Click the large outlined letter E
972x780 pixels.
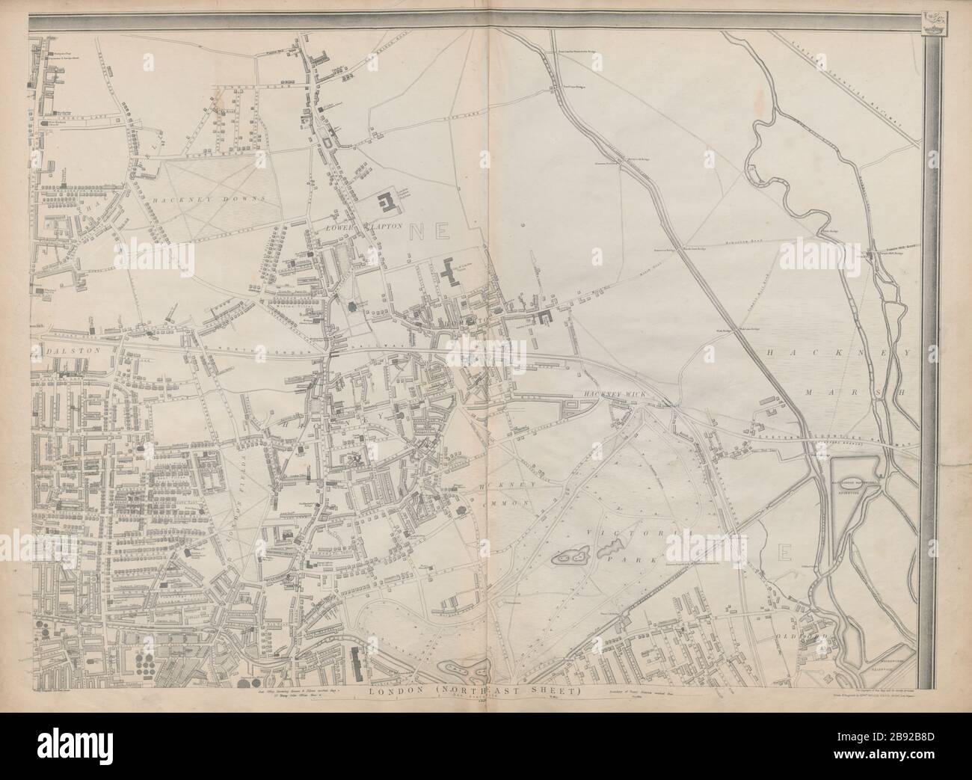click(786, 553)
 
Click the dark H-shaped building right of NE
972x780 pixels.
click(450, 273)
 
